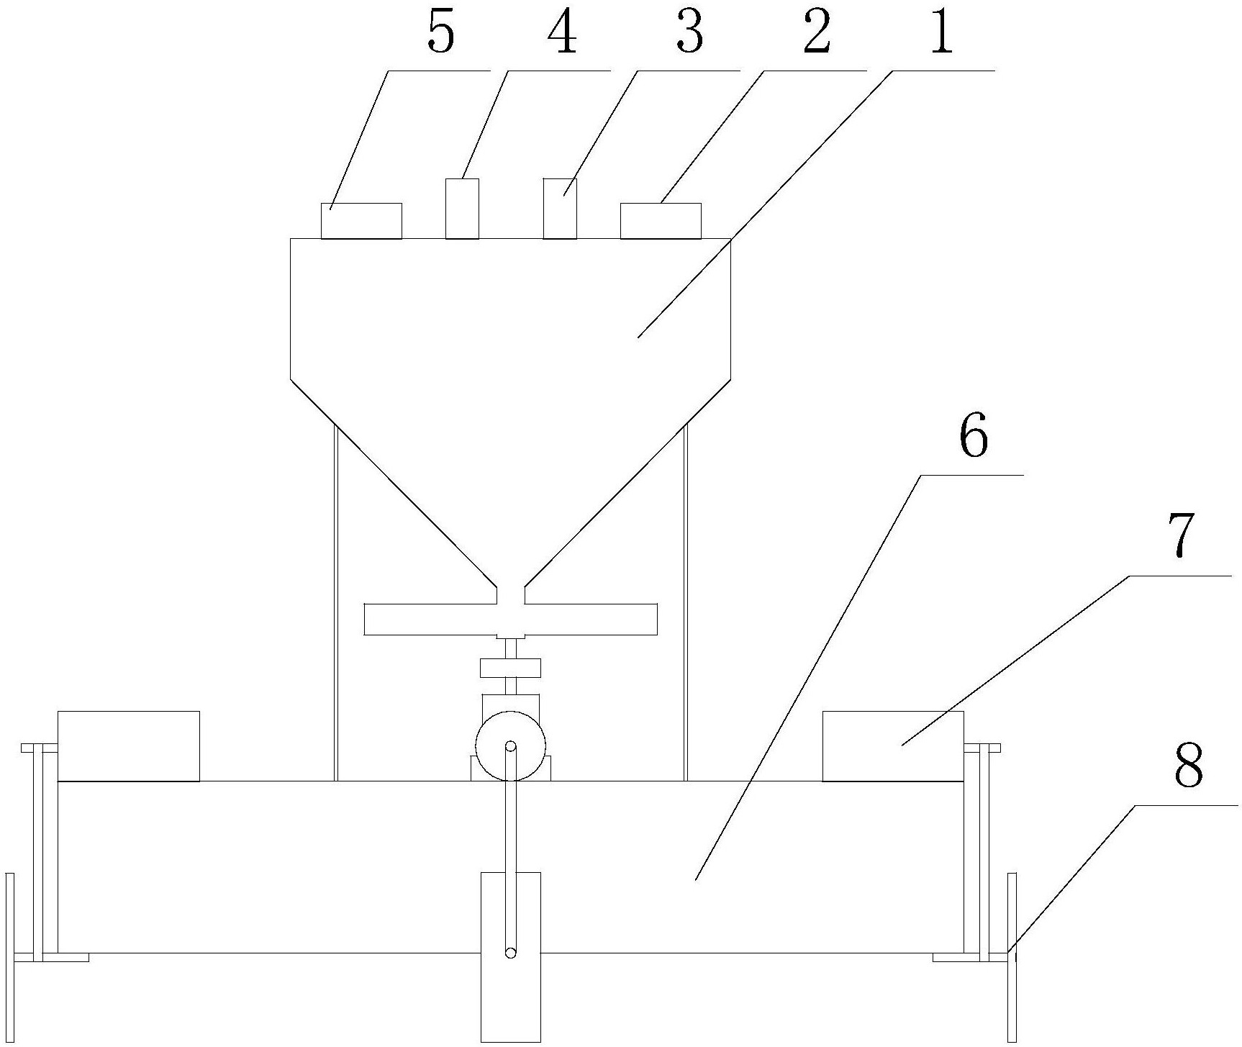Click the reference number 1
click(x=940, y=33)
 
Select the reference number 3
click(x=689, y=33)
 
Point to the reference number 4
click(x=563, y=33)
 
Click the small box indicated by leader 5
click(x=361, y=220)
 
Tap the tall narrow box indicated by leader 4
click(x=462, y=208)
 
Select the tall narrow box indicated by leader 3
click(x=560, y=208)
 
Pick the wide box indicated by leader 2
click(x=661, y=220)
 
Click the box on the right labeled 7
click(x=892, y=745)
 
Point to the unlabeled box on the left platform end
click(x=128, y=745)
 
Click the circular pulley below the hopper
click(x=510, y=745)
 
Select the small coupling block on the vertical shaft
click(x=510, y=668)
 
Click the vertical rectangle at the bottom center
click(x=510, y=957)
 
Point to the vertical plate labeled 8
click(x=1012, y=957)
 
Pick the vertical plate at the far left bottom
click(x=9, y=957)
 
